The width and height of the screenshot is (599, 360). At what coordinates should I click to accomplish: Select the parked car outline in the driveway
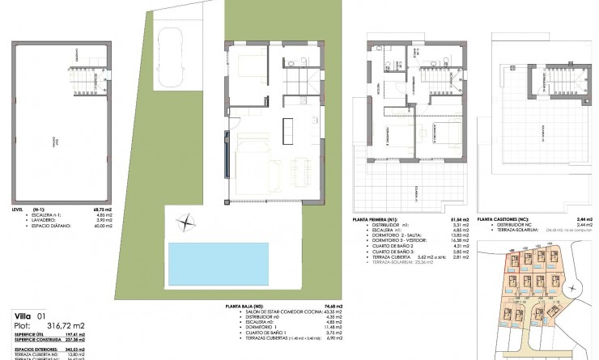[x=172, y=55]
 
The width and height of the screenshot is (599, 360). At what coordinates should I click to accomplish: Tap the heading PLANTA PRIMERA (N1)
[x=377, y=219]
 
